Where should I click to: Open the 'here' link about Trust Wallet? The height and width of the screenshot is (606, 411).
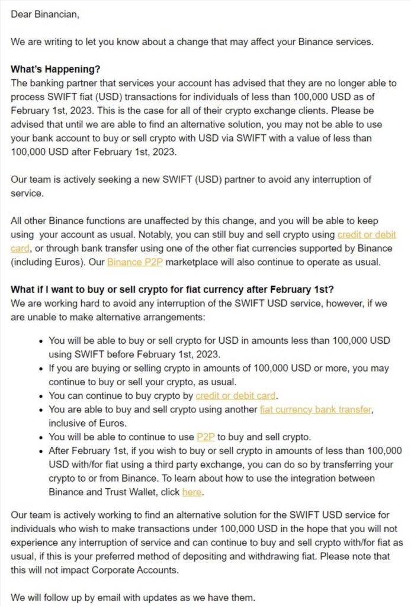[191, 492]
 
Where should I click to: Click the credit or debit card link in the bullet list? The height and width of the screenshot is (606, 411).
[236, 395]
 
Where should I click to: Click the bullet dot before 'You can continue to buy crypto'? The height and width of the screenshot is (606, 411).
[40, 396]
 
